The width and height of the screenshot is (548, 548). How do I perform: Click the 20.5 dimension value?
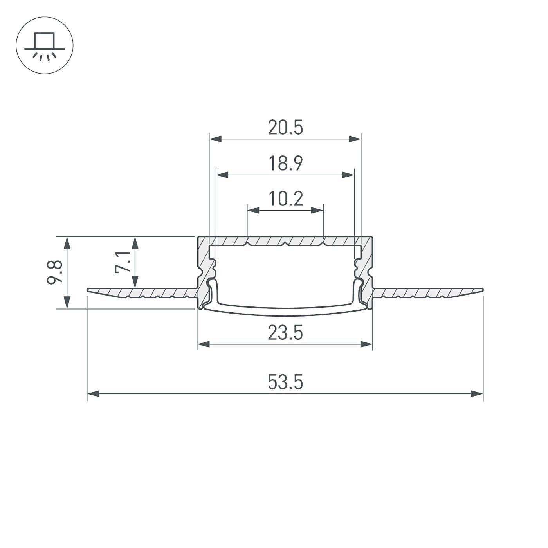coord(285,128)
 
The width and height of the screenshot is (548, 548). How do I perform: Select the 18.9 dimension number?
coord(285,164)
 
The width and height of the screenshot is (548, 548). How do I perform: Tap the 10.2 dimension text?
coord(285,199)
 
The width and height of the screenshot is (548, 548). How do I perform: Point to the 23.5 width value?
coord(285,333)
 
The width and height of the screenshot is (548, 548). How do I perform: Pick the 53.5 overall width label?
coord(285,382)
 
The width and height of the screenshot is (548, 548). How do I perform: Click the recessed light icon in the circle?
coord(44,45)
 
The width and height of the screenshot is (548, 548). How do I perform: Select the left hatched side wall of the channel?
coord(204,270)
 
